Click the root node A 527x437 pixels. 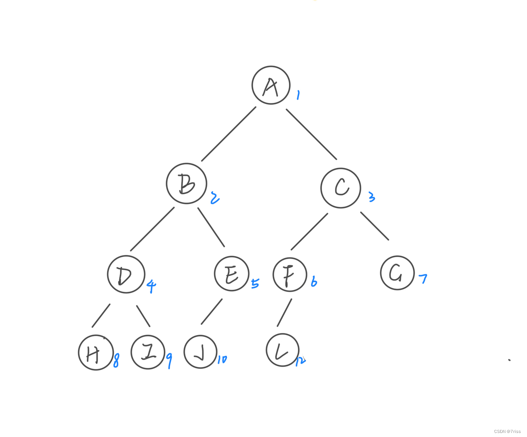pyautogui.click(x=271, y=85)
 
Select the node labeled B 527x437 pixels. pyautogui.click(x=186, y=183)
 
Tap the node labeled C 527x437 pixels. pyautogui.click(x=341, y=188)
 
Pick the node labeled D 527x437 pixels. pyautogui.click(x=126, y=275)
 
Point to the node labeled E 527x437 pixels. pyautogui.click(x=231, y=274)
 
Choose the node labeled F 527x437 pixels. pyautogui.click(x=290, y=274)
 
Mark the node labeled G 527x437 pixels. pyautogui.click(x=397, y=273)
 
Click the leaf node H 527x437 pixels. pyautogui.click(x=95, y=353)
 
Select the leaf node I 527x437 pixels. pyautogui.click(x=148, y=352)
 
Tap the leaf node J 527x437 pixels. pyautogui.click(x=201, y=352)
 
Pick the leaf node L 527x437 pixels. pyautogui.click(x=282, y=350)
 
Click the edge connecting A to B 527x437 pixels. pyautogui.click(x=228, y=134)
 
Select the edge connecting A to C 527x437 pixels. pyautogui.click(x=311, y=134)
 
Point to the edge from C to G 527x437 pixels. pyautogui.click(x=375, y=226)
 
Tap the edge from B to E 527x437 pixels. pyautogui.click(x=211, y=227)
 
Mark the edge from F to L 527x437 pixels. pyautogui.click(x=284, y=313)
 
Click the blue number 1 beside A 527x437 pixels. pyautogui.click(x=298, y=95)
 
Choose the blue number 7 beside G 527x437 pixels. pyautogui.click(x=423, y=278)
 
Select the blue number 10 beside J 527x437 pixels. pyautogui.click(x=222, y=359)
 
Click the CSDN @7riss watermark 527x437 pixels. pyautogui.click(x=507, y=431)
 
